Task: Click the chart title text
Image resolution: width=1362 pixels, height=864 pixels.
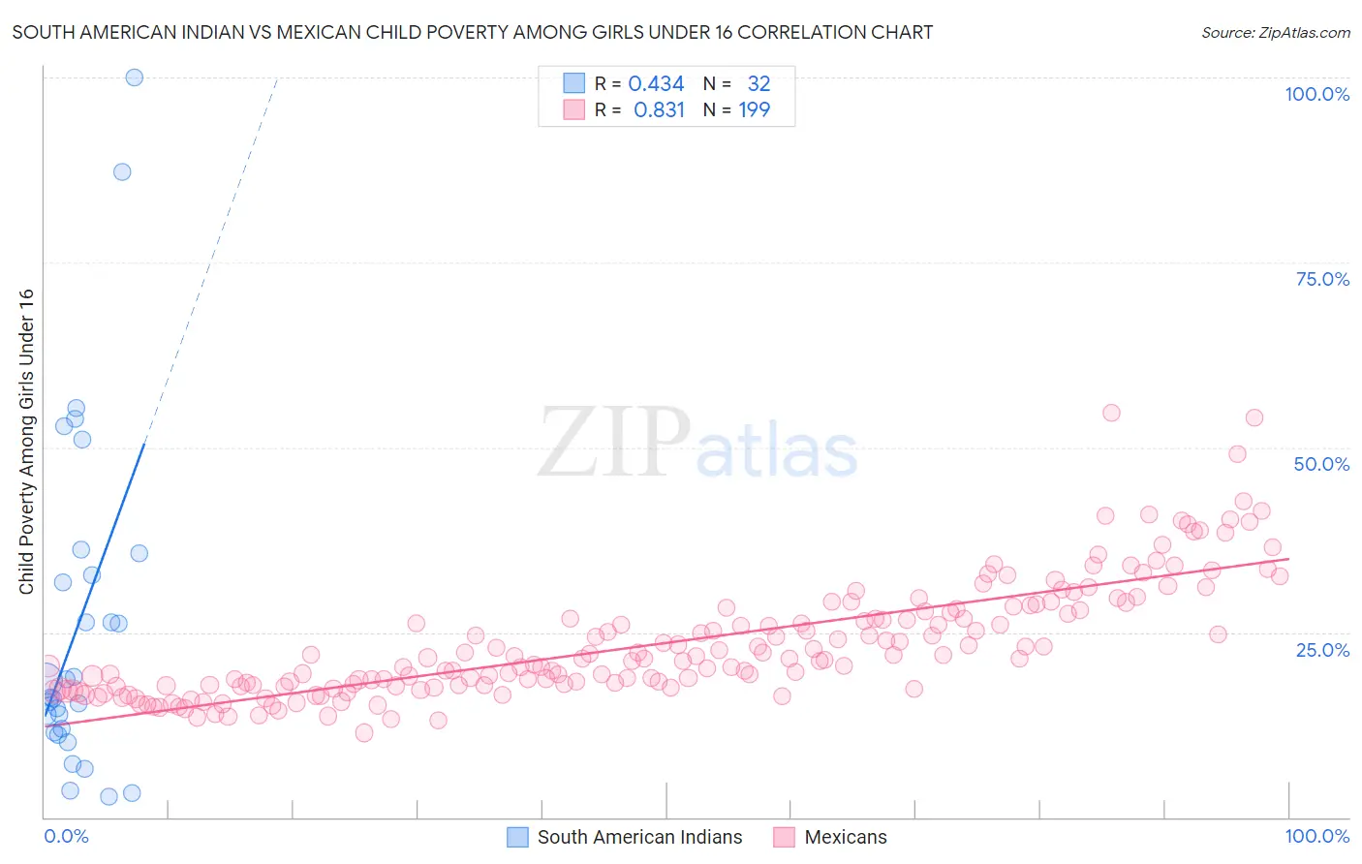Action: (472, 32)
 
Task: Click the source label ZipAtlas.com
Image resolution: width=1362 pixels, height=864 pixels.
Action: (1275, 32)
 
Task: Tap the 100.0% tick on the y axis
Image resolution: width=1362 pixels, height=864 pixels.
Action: (1316, 94)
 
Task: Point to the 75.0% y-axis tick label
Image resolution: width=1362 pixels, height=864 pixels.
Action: (1321, 279)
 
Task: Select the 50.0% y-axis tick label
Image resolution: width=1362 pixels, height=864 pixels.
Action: (1321, 464)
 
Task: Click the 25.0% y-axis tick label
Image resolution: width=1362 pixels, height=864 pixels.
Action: (1321, 650)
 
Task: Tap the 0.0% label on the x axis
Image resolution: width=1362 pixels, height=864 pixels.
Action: (66, 836)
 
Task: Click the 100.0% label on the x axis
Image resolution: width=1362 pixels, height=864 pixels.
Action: (1316, 836)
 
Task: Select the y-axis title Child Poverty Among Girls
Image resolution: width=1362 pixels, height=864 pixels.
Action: (26, 442)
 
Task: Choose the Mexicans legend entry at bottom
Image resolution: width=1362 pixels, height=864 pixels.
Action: (845, 837)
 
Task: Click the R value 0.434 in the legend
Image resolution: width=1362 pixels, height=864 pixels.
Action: (656, 84)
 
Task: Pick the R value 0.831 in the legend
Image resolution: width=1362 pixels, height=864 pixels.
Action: (659, 110)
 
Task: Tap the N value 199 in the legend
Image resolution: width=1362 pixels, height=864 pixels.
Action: (754, 110)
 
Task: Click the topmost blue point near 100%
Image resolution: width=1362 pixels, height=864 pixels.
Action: (135, 77)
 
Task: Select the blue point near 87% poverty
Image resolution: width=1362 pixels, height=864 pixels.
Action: (122, 171)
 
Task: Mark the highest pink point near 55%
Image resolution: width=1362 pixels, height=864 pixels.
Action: (1111, 413)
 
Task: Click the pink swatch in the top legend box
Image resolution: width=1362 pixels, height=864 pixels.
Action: (573, 109)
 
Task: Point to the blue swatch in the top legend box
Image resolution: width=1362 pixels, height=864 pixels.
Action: (573, 83)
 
